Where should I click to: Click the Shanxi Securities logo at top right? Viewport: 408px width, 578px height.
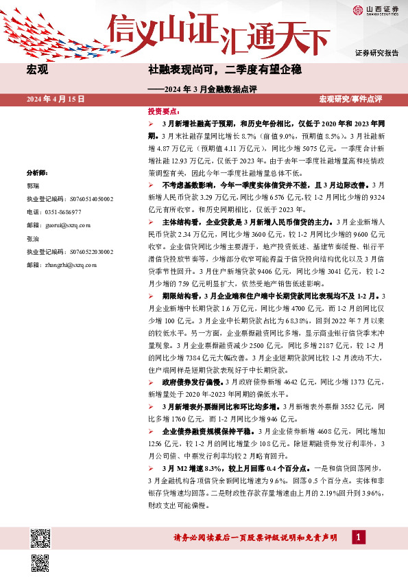click(x=376, y=10)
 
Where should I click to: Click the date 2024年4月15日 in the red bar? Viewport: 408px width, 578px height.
click(x=56, y=100)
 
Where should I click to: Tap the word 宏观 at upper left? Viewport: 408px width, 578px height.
click(x=36, y=70)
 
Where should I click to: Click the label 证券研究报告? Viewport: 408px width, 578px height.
click(x=376, y=53)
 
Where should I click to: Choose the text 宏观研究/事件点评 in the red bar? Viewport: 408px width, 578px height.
click(x=351, y=100)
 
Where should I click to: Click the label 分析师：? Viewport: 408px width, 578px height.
click(x=37, y=174)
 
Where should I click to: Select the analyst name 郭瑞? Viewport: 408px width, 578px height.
click(x=32, y=186)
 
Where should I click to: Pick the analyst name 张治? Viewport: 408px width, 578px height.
click(x=32, y=240)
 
